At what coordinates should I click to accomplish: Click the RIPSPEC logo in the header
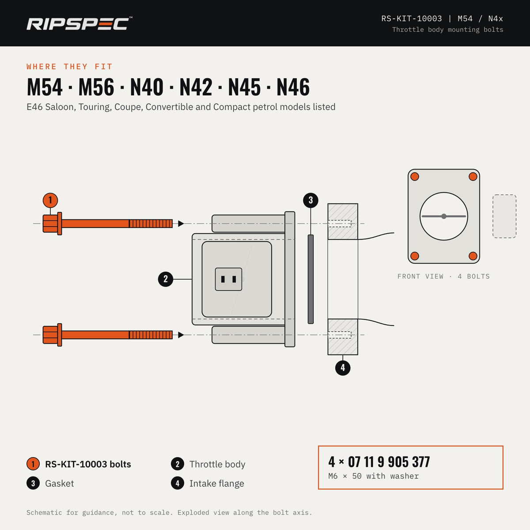click(79, 24)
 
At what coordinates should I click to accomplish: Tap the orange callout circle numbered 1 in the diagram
click(50, 200)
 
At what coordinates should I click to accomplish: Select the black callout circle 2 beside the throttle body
click(166, 279)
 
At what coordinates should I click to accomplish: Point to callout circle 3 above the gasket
click(311, 200)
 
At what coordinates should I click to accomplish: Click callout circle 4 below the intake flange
click(343, 368)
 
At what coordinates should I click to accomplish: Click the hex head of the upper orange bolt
click(50, 223)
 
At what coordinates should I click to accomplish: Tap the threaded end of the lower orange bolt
click(151, 335)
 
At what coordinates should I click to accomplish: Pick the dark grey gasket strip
click(311, 279)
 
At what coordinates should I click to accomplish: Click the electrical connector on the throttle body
click(228, 279)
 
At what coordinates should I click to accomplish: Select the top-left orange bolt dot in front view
click(415, 177)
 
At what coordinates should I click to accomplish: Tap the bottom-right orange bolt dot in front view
click(473, 256)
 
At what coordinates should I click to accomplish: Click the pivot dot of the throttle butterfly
click(444, 216)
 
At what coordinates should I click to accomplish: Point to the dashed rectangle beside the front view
click(504, 216)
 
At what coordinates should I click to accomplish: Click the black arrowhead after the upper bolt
click(181, 223)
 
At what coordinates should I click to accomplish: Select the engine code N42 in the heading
click(196, 87)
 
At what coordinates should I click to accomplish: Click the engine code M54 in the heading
click(45, 87)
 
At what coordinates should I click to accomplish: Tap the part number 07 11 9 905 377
click(389, 462)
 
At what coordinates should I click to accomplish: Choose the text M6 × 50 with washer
click(374, 476)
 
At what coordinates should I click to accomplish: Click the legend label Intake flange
click(217, 484)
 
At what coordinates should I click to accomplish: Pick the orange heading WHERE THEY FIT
click(70, 67)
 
